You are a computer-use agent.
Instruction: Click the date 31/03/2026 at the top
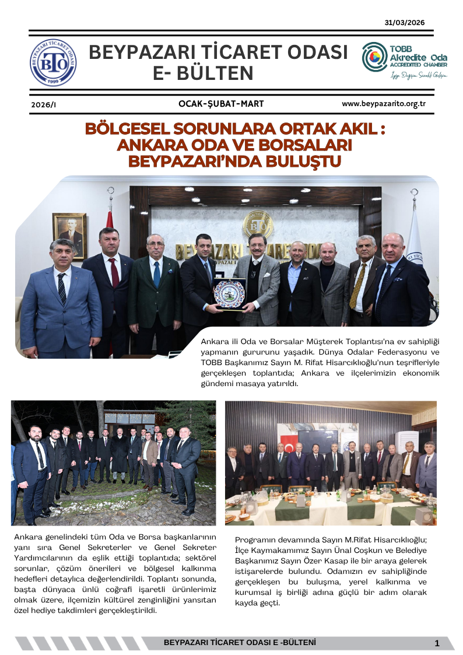click(x=405, y=23)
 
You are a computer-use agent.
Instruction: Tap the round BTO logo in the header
click(x=53, y=61)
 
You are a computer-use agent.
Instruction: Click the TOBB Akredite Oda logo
click(x=404, y=60)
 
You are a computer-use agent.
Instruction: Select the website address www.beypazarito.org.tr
click(x=384, y=104)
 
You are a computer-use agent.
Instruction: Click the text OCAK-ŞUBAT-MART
click(x=221, y=104)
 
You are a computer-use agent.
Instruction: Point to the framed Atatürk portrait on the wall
click(x=69, y=235)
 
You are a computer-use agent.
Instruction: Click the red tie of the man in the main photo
click(x=114, y=273)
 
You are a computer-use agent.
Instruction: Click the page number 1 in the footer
click(x=437, y=643)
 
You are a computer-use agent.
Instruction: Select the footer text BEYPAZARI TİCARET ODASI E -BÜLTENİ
click(x=240, y=642)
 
